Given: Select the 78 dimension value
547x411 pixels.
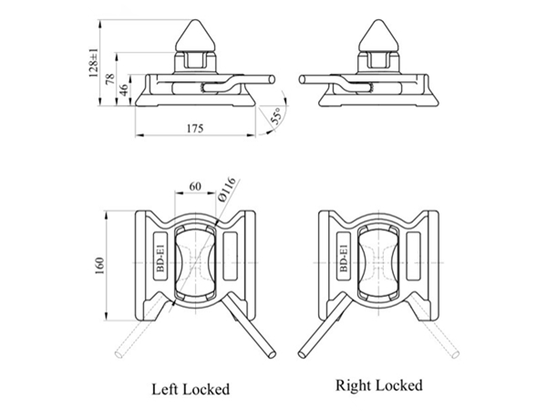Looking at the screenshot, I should coord(110,79).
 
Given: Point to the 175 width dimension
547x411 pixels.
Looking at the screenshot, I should coord(192,129).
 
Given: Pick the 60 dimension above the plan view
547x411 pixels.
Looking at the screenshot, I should coord(194,186).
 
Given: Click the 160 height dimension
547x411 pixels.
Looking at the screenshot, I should coord(99,265).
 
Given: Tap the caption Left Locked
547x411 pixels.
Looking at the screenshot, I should coord(190,388).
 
